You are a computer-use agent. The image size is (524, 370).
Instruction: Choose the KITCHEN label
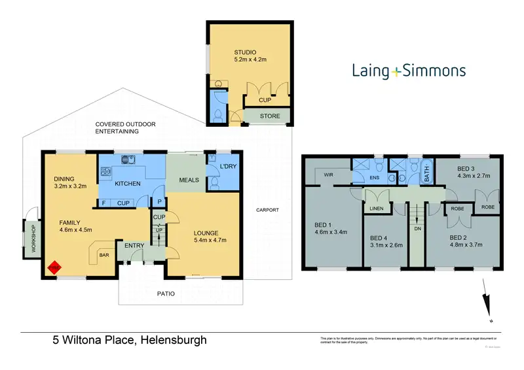pos(128,184)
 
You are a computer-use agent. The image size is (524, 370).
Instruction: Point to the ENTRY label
pos(134,245)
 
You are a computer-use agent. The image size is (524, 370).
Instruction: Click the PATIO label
pos(166,294)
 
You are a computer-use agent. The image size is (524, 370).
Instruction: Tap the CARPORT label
pos(269,210)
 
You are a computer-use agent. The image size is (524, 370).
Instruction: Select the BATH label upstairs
pos(426,173)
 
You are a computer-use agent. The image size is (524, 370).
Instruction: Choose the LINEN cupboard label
pos(376,209)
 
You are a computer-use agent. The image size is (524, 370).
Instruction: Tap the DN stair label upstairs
pos(417,229)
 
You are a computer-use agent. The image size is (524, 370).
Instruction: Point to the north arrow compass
pos(485,300)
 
